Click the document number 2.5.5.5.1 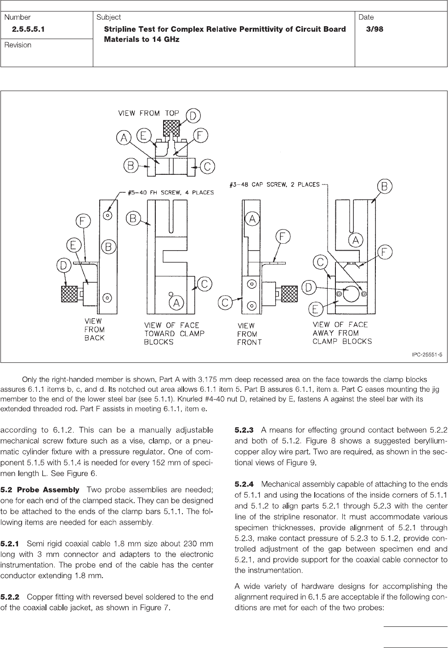31,29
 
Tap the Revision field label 18,45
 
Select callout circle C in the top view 208,166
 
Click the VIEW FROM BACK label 94,329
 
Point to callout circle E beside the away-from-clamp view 315,309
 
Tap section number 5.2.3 244,430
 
